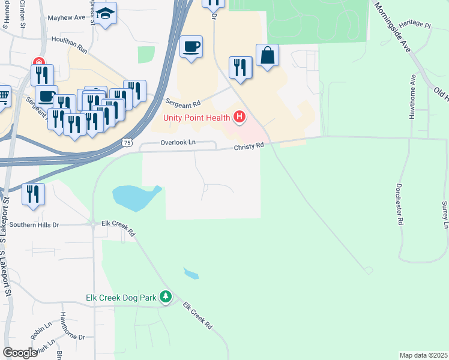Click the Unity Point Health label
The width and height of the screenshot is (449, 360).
(x=197, y=116)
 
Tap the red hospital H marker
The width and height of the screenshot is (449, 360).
(x=240, y=116)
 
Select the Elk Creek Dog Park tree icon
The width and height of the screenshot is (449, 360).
(x=166, y=297)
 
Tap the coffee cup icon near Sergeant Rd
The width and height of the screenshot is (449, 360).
(x=191, y=47)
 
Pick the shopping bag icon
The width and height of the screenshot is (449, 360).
(x=267, y=56)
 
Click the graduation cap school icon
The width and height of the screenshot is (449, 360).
(x=106, y=14)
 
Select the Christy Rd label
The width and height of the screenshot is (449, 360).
(x=249, y=146)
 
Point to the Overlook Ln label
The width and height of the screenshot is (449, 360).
(x=178, y=143)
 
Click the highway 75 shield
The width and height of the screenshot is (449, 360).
(x=127, y=142)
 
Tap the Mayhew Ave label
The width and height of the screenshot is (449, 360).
(x=67, y=18)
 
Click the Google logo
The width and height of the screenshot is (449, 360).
(x=19, y=353)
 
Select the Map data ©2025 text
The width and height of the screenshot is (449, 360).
(x=424, y=355)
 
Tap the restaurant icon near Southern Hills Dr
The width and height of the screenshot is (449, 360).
(x=33, y=194)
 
